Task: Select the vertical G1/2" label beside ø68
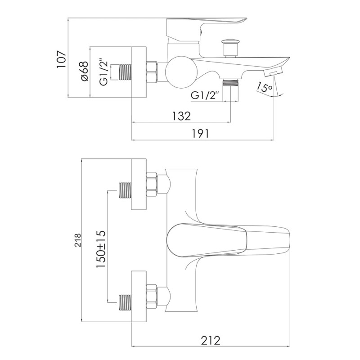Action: (x=103, y=71)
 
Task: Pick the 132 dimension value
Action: (x=181, y=116)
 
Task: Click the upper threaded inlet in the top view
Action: (x=126, y=190)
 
